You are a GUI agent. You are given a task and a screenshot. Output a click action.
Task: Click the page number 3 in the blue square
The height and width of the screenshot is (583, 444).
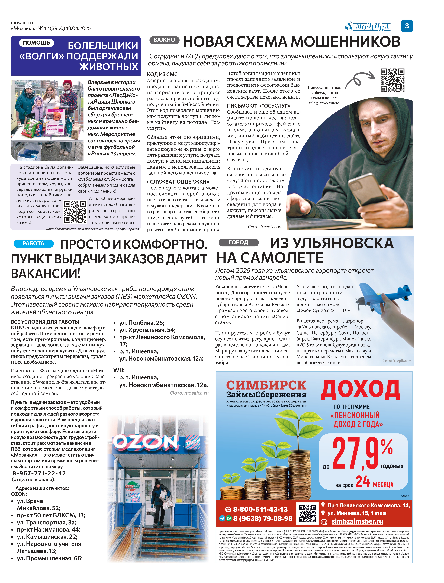(x=407, y=26)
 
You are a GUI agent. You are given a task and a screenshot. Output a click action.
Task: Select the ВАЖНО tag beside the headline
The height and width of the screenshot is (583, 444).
(x=164, y=40)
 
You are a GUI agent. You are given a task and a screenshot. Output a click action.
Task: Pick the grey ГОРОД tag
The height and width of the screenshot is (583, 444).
(x=238, y=242)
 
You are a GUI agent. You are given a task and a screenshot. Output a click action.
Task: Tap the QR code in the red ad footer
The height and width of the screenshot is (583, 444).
(x=307, y=514)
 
